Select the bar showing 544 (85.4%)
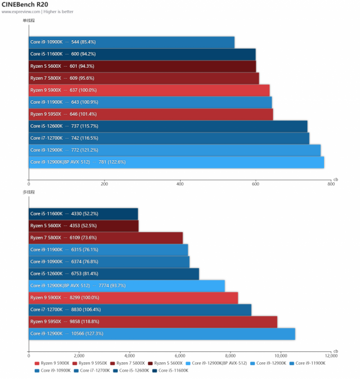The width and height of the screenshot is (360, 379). (131, 42)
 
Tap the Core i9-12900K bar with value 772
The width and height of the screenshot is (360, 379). (175, 150)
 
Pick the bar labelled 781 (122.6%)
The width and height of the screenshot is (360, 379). (176, 162)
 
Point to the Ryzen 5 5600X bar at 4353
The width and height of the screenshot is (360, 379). (83, 225)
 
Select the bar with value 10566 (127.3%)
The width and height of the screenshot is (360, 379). (162, 333)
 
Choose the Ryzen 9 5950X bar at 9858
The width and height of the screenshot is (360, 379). (153, 321)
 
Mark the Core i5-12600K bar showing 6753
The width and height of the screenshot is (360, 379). (114, 273)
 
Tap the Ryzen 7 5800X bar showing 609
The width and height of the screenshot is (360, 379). (144, 78)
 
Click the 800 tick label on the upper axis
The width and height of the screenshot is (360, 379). (331, 184)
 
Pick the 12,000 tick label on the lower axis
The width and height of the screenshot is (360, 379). (330, 356)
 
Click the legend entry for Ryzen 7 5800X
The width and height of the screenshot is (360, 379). (129, 363)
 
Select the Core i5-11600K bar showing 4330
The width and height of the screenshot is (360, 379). (83, 213)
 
